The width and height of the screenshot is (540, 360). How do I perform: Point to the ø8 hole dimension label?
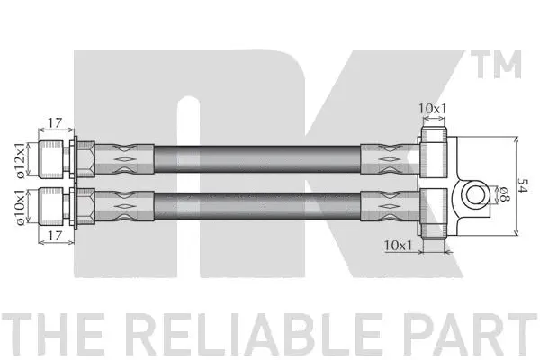pos(506,193)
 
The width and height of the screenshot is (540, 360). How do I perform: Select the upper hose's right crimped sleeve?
pos(387,158)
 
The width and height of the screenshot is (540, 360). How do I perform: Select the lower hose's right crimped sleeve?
pos(387,205)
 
